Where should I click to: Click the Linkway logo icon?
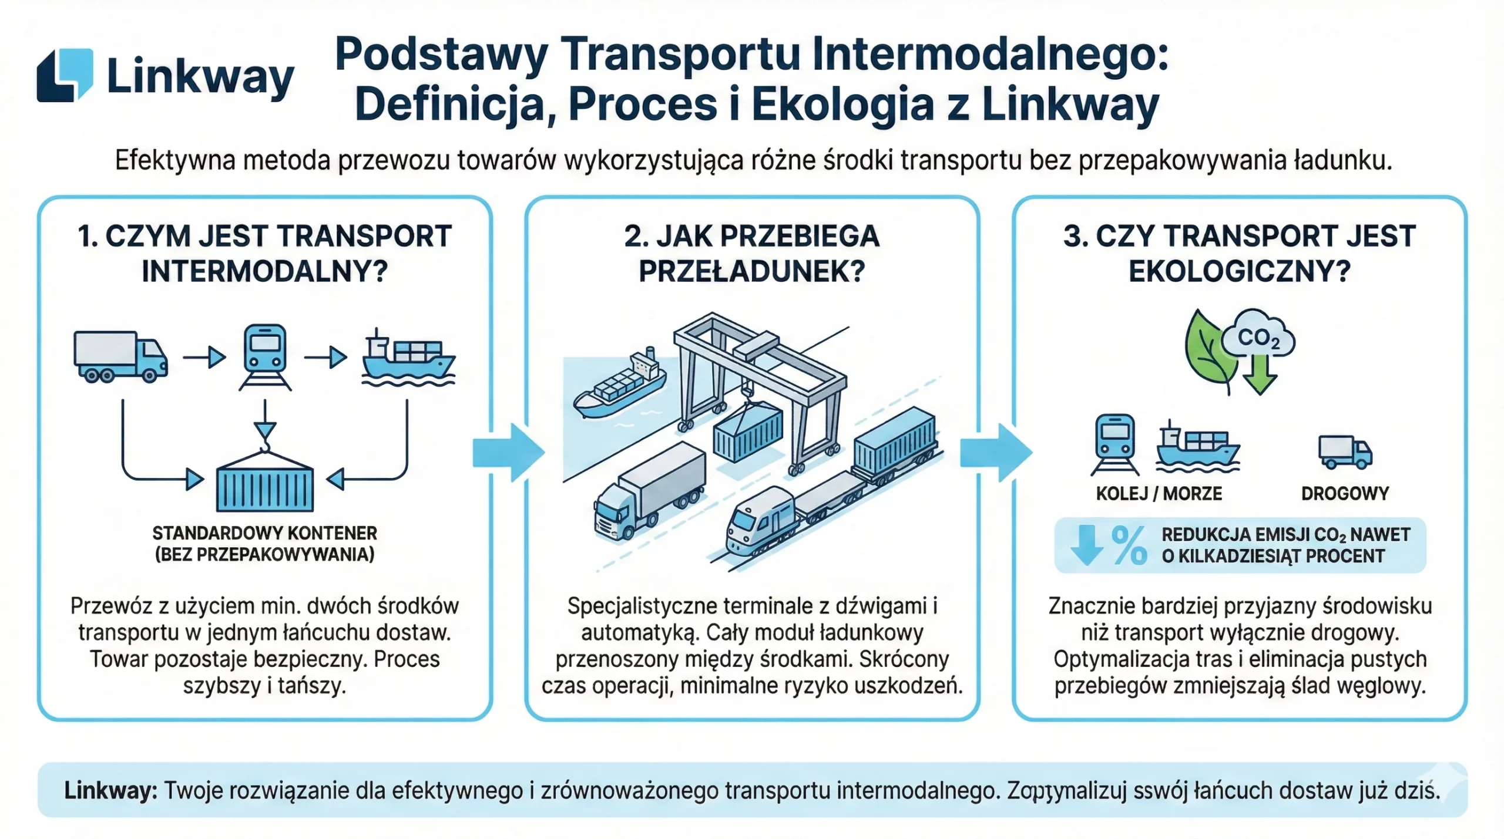click(65, 75)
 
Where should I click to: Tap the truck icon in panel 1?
click(120, 357)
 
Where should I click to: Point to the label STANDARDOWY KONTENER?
click(264, 533)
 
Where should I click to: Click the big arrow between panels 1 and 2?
click(509, 453)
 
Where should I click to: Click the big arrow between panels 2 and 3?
click(996, 453)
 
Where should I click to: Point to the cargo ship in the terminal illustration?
click(620, 385)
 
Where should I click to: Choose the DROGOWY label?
click(1345, 494)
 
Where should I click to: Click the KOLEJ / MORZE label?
click(1159, 494)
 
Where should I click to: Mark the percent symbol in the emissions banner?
click(1129, 545)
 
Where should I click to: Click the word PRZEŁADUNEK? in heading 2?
click(751, 271)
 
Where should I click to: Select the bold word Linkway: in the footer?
click(110, 790)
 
